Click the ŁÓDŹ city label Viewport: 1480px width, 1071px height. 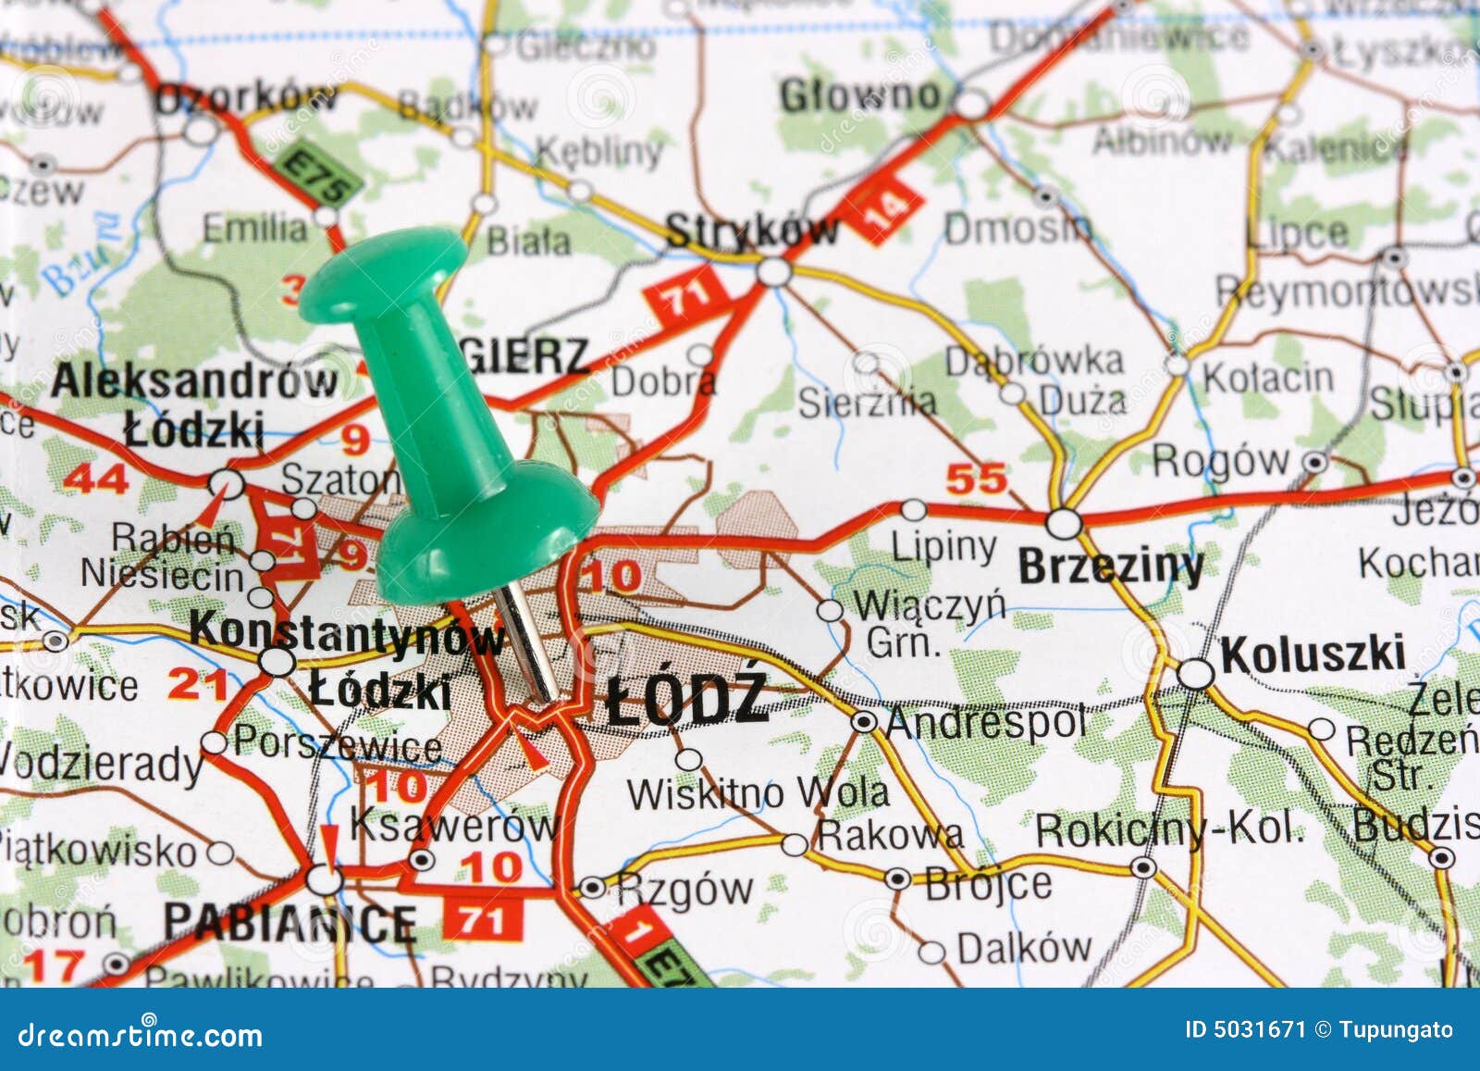coord(687,699)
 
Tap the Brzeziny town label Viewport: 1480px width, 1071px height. coord(1110,566)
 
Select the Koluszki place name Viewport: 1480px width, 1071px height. coord(1313,654)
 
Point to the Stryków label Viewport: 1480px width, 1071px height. coord(751,230)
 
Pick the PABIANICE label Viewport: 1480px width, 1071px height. coord(290,922)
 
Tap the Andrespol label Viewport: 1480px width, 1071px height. coord(984,722)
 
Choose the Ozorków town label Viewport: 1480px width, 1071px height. coord(245,97)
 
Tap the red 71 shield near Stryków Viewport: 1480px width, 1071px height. coord(685,295)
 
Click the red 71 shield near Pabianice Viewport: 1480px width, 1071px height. coord(483,919)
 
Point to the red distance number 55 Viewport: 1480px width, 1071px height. coord(976,479)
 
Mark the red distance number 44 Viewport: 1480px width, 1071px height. coord(96,479)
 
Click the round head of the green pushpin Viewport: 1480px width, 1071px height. coord(382,265)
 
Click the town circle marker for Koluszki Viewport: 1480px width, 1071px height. coord(1196,673)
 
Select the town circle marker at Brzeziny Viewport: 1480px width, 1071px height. coord(1064,523)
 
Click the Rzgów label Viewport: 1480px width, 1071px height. coord(684,890)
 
